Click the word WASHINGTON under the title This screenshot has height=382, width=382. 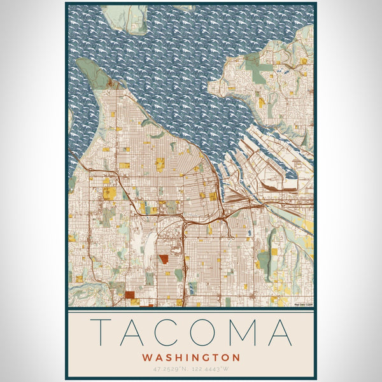(191, 358)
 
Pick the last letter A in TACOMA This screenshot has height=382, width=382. (279, 332)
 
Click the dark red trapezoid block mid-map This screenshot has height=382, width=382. (164, 259)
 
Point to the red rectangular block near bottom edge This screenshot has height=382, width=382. (130, 295)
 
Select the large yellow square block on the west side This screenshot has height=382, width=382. (110, 193)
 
